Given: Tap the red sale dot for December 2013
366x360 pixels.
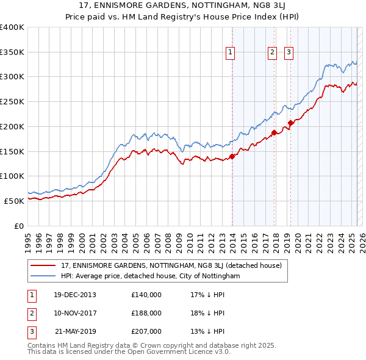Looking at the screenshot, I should pos(232,156).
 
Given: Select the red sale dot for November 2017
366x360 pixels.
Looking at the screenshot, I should pos(274,132).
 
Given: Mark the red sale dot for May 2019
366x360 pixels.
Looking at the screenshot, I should pos(291,123).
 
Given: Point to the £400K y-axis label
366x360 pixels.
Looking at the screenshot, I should pos(12,27).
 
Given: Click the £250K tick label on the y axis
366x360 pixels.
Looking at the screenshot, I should pos(12,102).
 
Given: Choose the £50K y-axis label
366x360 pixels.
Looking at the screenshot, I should pos(13,201).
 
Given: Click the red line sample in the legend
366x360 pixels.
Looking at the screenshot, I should pos(43,266).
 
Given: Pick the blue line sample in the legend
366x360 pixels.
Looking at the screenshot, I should pos(43,276).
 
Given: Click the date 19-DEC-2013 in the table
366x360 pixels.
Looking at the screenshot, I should pos(74,295).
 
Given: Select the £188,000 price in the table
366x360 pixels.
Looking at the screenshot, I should pos(146,313).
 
